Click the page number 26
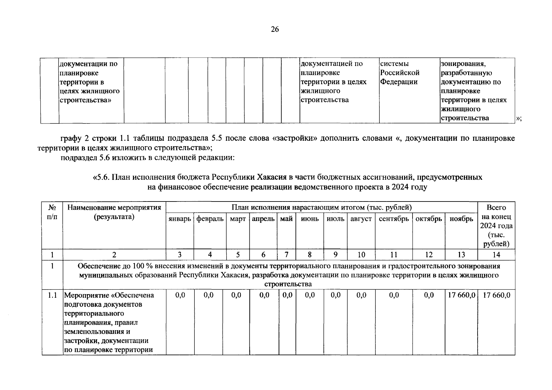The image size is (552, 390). click(x=274, y=30)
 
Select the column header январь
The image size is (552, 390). click(x=179, y=219)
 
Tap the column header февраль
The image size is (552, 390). click(x=210, y=219)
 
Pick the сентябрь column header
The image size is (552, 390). click(x=394, y=219)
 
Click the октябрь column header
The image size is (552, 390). click(x=428, y=219)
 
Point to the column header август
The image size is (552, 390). click(x=361, y=219)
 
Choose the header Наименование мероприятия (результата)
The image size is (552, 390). click(x=114, y=212)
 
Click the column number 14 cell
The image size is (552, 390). click(x=496, y=255)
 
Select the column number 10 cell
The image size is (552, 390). click(x=361, y=255)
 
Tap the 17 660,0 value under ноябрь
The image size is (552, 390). click(x=461, y=295)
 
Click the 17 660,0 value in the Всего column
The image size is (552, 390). click(x=496, y=295)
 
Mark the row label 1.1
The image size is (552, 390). click(x=52, y=295)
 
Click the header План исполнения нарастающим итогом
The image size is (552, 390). click(x=321, y=207)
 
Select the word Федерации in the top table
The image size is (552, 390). click(x=399, y=82)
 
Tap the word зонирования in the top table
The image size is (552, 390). click(x=463, y=64)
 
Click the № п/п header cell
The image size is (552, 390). click(x=52, y=212)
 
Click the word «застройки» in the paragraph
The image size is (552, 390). click(x=296, y=138)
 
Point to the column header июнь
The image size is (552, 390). click(x=309, y=219)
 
